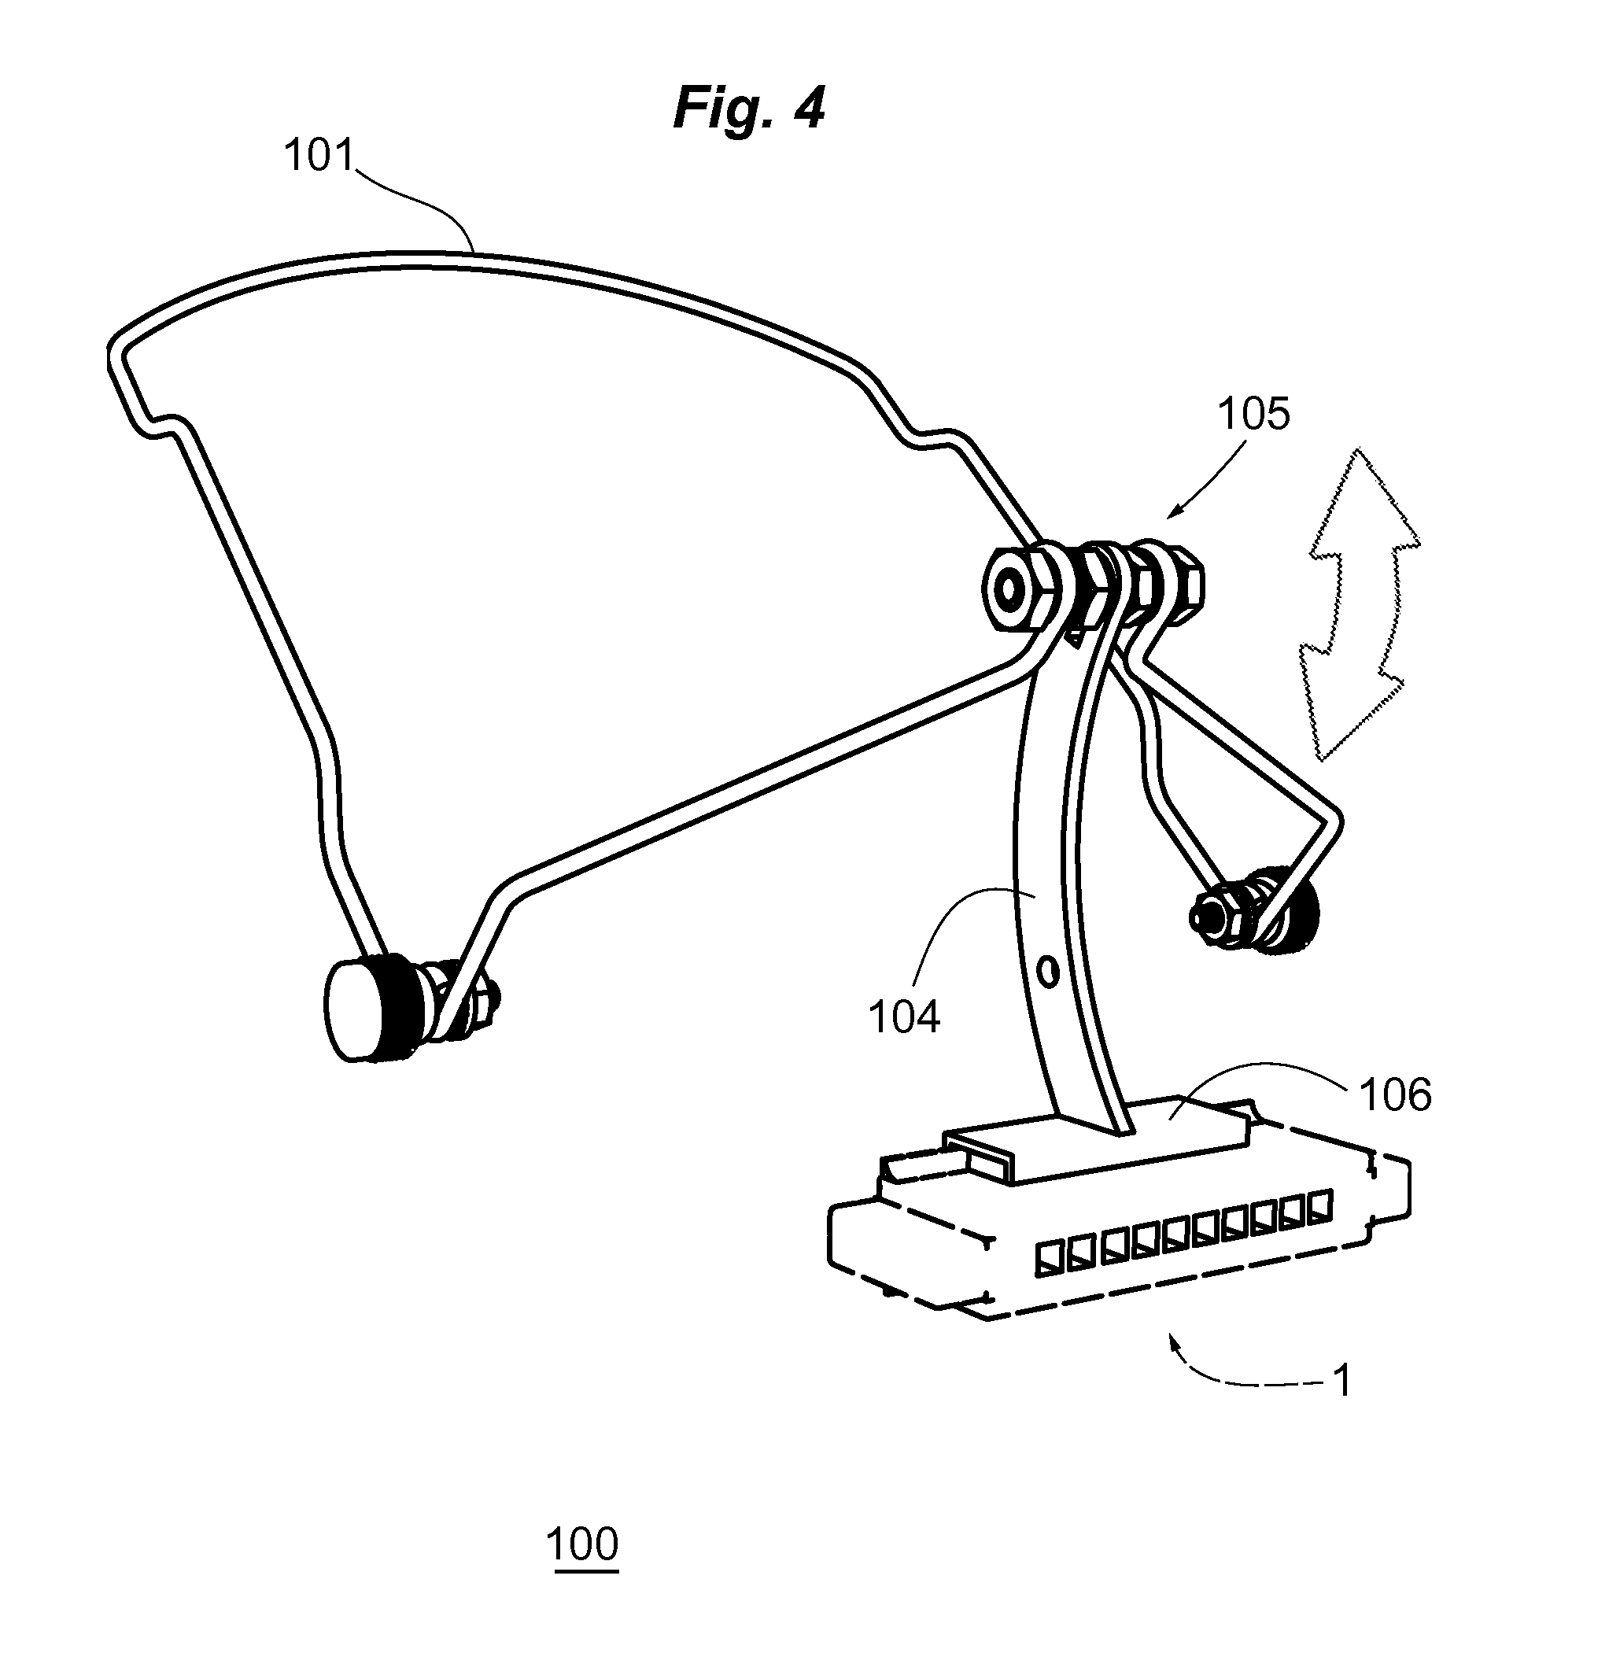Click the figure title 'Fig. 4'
749,108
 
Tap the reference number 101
319,156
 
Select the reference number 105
1253,414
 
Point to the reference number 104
905,1017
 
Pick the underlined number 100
581,1544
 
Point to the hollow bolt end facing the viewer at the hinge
1009,589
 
